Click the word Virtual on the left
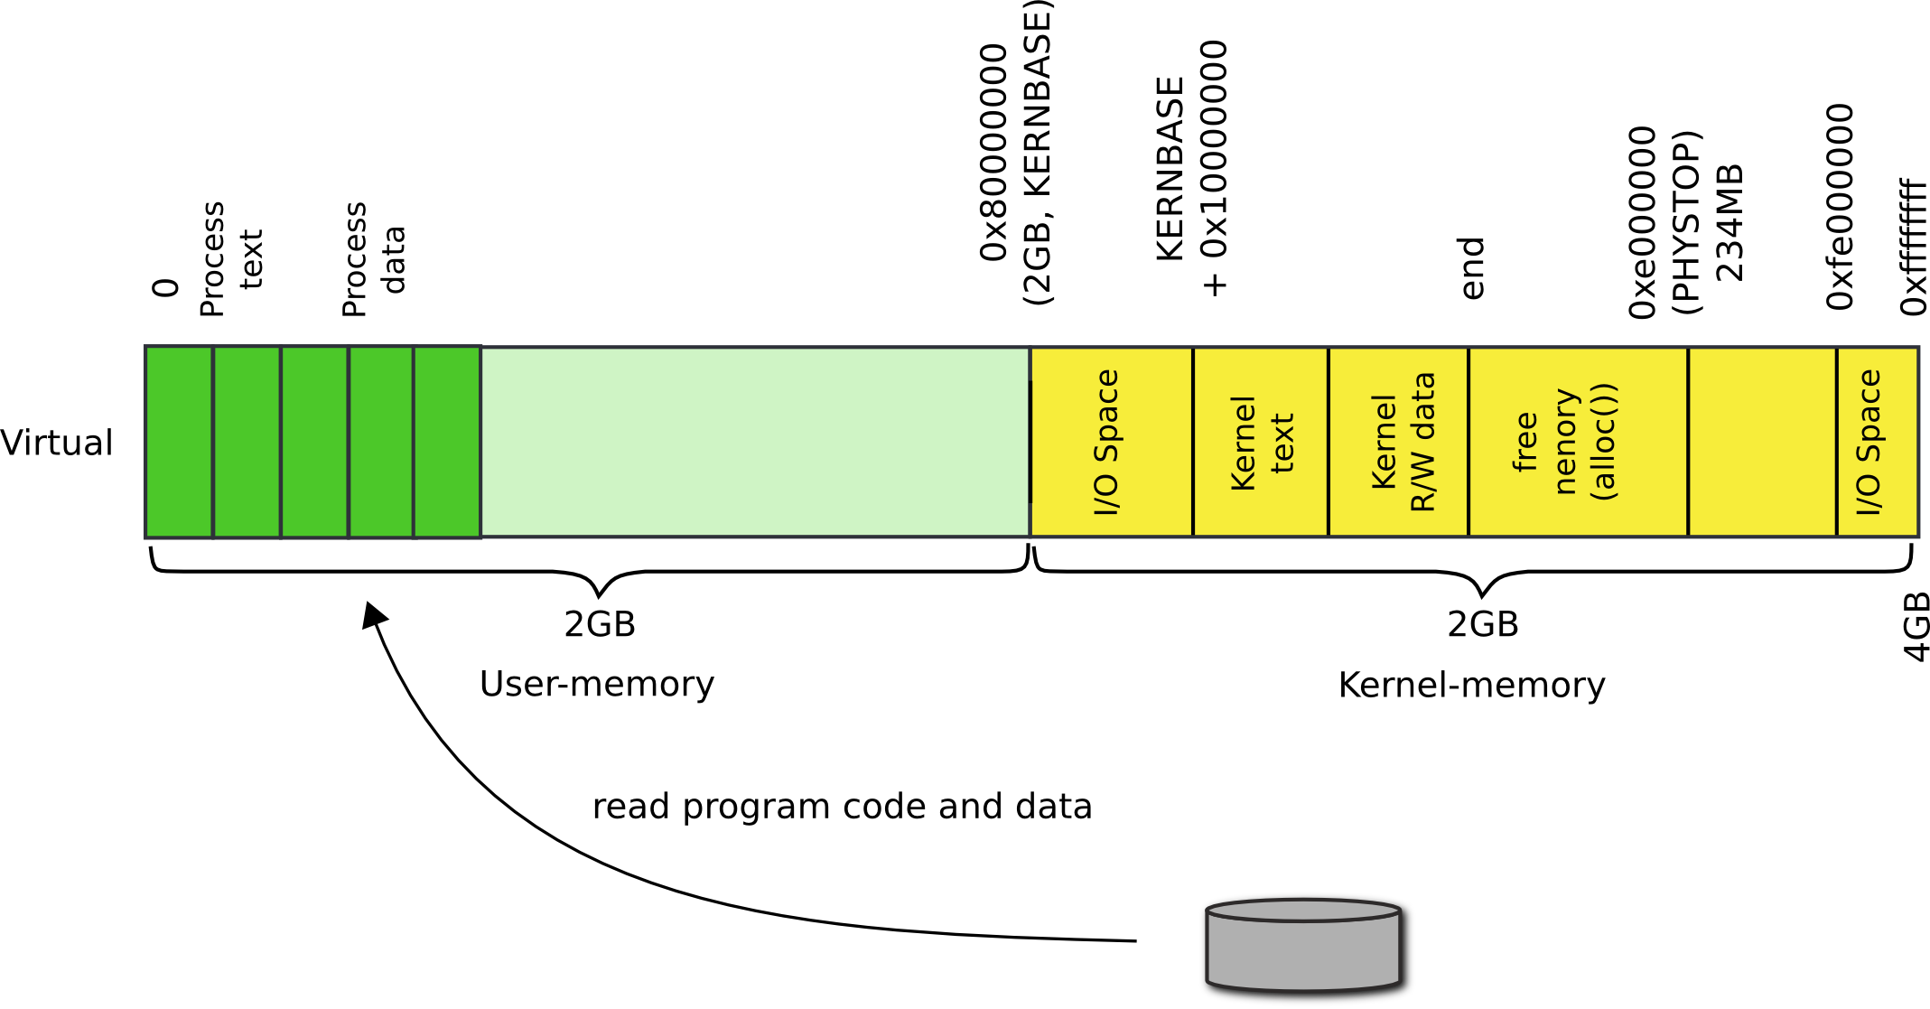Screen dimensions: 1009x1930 click(x=57, y=443)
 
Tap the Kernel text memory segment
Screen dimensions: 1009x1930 click(x=1261, y=443)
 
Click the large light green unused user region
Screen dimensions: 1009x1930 click(x=754, y=443)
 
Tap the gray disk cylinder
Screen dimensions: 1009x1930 click(x=1307, y=948)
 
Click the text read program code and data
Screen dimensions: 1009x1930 click(x=841, y=807)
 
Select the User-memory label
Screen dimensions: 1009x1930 click(x=596, y=685)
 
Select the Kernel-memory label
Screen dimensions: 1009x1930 click(x=1471, y=685)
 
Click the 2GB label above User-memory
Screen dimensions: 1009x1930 click(x=600, y=624)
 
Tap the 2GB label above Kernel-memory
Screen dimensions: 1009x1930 click(x=1482, y=624)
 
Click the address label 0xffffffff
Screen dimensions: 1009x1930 click(x=1913, y=246)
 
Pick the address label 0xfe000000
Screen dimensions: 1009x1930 click(x=1841, y=206)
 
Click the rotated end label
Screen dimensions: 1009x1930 click(x=1472, y=268)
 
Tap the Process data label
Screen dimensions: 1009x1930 click(x=373, y=259)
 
